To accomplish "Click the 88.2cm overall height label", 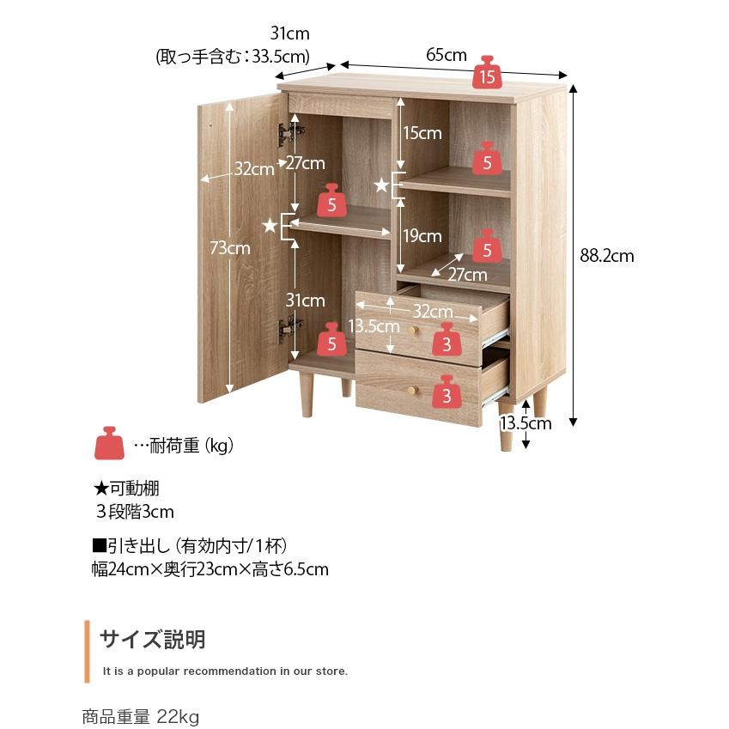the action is [607, 256].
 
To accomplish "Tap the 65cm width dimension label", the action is [447, 55].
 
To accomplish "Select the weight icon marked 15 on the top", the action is [487, 72].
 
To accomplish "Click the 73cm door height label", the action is [229, 248].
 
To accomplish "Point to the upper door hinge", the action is [290, 133].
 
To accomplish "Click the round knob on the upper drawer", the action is [411, 331].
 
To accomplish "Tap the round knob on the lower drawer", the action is [411, 390].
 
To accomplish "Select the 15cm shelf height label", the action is [422, 133].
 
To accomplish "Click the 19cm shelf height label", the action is [422, 236].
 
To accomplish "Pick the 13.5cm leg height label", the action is [525, 423].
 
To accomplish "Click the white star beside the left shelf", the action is [270, 226].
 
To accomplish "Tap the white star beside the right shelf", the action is [381, 185].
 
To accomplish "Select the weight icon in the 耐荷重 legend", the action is [109, 443].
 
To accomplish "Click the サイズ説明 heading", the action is [153, 639].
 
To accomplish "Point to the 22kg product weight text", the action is [178, 716].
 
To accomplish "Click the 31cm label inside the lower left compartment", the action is [305, 301].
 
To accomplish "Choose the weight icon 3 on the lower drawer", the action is [447, 392].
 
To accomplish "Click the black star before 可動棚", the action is [100, 489].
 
